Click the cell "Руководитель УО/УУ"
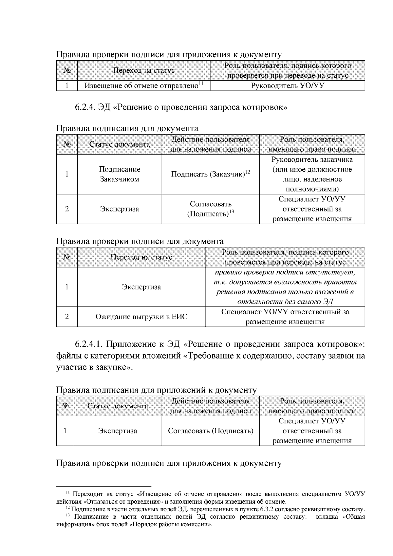coord(288,86)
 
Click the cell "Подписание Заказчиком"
coord(120,174)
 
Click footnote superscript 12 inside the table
coord(248,172)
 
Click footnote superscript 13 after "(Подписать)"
coord(231,212)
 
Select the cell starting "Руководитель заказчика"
coord(312,174)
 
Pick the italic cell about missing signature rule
coord(285,287)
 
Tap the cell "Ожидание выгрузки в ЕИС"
coord(141,317)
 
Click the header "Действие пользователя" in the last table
coord(210,401)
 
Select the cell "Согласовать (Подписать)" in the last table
coord(210,431)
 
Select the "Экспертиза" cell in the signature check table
coord(141,287)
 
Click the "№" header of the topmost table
coord(67,70)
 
